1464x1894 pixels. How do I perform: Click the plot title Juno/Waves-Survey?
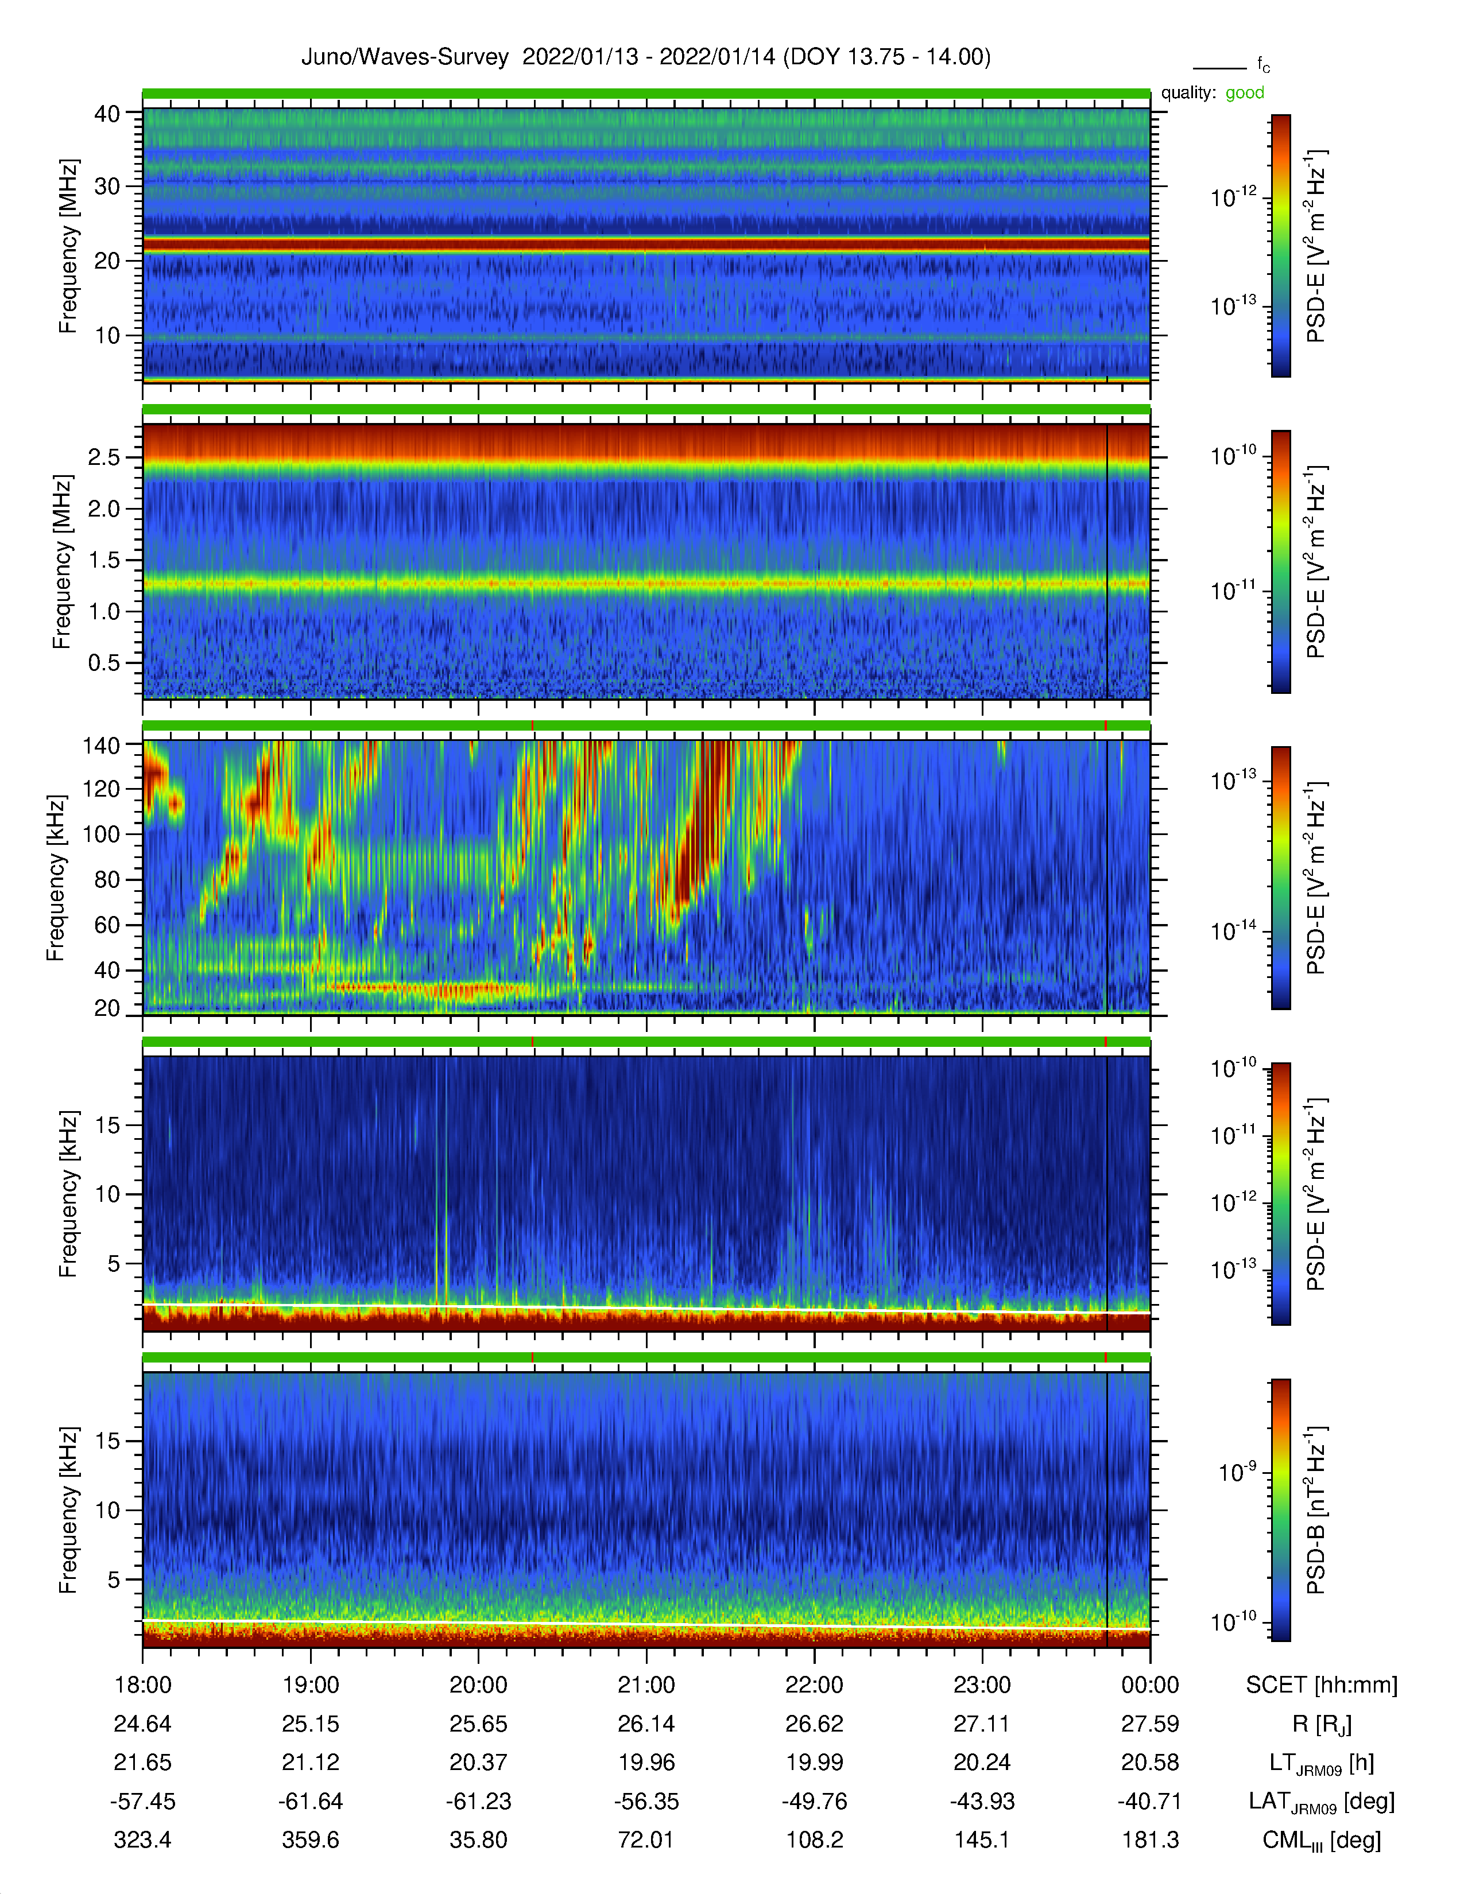[x=404, y=57]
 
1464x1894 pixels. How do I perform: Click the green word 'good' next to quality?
[x=1245, y=93]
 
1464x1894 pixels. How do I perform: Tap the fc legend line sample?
[x=1219, y=68]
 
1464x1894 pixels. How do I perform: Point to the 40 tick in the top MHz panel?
[x=107, y=114]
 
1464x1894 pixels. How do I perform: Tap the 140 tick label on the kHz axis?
[x=100, y=745]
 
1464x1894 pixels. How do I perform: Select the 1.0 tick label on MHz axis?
[x=104, y=611]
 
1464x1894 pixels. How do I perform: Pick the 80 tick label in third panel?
[x=107, y=879]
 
